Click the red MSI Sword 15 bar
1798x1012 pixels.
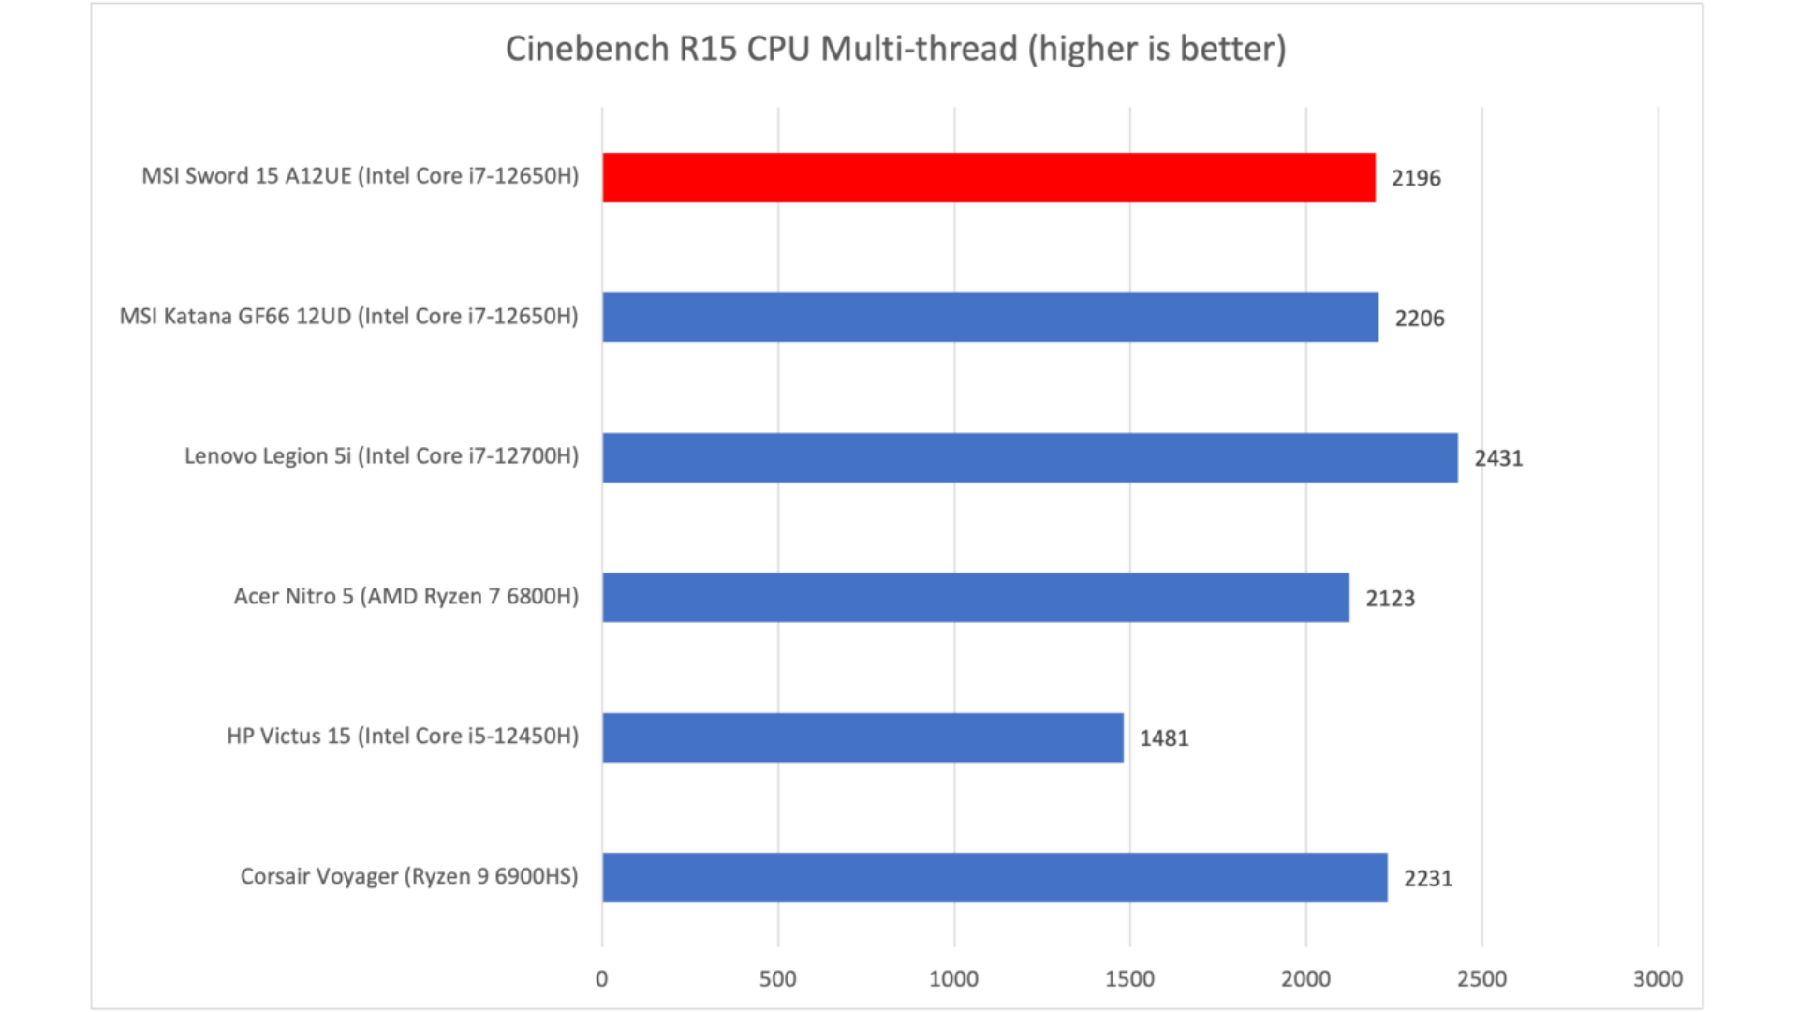click(x=989, y=177)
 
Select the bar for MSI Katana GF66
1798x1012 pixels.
click(x=990, y=317)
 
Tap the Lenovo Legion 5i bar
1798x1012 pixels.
click(x=1030, y=457)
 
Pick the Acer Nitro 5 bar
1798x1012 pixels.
click(x=976, y=597)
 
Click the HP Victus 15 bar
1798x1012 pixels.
click(x=862, y=737)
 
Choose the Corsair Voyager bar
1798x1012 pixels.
click(x=995, y=877)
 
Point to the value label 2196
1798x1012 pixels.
click(x=1415, y=178)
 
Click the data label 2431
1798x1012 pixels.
click(x=1498, y=458)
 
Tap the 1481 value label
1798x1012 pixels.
click(x=1163, y=738)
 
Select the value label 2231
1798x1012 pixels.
click(x=1427, y=879)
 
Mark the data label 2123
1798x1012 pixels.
click(x=1390, y=599)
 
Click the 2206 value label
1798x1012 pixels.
click(x=1419, y=319)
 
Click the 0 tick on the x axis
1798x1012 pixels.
click(x=601, y=979)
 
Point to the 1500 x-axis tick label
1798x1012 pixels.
click(x=1129, y=979)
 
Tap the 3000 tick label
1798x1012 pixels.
click(x=1658, y=979)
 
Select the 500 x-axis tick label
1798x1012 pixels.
click(x=777, y=979)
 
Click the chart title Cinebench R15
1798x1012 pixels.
click(x=895, y=49)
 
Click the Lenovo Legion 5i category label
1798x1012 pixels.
click(x=381, y=456)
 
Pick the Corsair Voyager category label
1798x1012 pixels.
click(x=409, y=876)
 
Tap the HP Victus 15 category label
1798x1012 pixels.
click(x=403, y=737)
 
